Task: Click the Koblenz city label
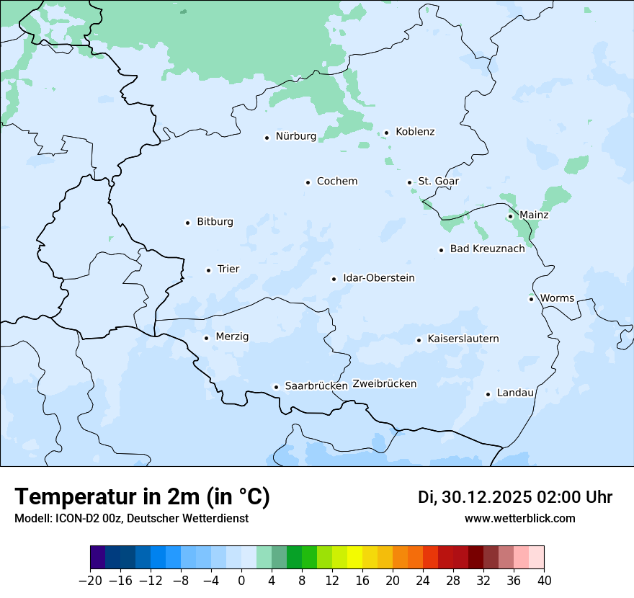click(x=415, y=132)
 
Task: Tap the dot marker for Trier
click(x=208, y=270)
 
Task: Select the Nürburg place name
click(x=295, y=136)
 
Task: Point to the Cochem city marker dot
click(x=308, y=182)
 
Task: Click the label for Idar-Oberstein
click(x=379, y=278)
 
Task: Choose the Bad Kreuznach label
click(x=487, y=249)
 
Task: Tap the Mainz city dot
click(x=510, y=216)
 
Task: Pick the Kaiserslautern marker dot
click(x=419, y=340)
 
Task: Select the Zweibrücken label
click(x=384, y=384)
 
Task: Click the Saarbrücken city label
click(x=316, y=386)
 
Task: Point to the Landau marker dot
click(x=488, y=394)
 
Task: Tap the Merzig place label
click(x=232, y=336)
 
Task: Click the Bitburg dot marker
click(x=187, y=223)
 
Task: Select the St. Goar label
click(x=438, y=181)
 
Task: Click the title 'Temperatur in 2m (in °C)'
click(x=142, y=497)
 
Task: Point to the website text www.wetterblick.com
click(x=519, y=519)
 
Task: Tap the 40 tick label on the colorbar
click(x=543, y=581)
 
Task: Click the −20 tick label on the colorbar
click(x=90, y=581)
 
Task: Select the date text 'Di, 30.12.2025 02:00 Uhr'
click(x=515, y=497)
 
